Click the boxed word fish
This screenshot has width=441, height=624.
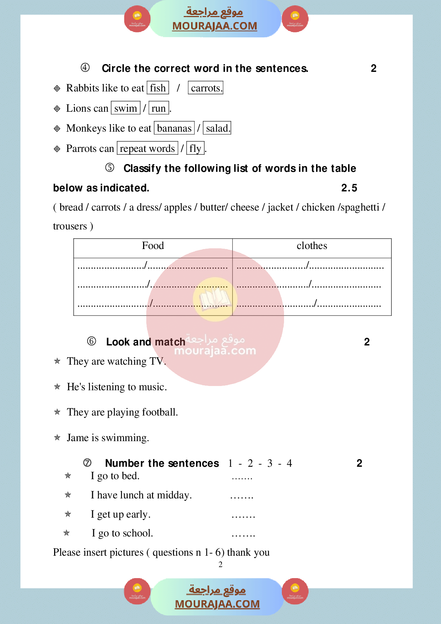pyautogui.click(x=158, y=88)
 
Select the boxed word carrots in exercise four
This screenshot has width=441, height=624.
pyautogui.click(x=205, y=88)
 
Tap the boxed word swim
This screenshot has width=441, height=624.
pyautogui.click(x=126, y=108)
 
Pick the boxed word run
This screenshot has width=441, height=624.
pyautogui.click(x=158, y=108)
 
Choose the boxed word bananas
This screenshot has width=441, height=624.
pyautogui.click(x=174, y=128)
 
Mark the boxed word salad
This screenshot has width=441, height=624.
pyautogui.click(x=217, y=128)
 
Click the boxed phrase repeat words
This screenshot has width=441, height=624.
pyautogui.click(x=147, y=148)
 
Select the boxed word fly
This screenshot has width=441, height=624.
pyautogui.click(x=195, y=148)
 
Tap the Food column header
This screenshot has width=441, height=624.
pyautogui.click(x=153, y=246)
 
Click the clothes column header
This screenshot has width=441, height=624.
pyautogui.click(x=312, y=246)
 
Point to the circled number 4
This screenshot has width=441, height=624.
pyautogui.click(x=85, y=68)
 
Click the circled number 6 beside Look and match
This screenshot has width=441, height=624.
pyautogui.click(x=91, y=342)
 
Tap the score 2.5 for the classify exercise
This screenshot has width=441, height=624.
pyautogui.click(x=349, y=188)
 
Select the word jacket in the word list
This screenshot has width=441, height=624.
pyautogui.click(x=280, y=207)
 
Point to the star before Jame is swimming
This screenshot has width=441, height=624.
pyautogui.click(x=57, y=438)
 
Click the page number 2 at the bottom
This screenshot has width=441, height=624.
pyautogui.click(x=220, y=565)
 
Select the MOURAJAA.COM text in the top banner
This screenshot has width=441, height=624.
pyautogui.click(x=215, y=26)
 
